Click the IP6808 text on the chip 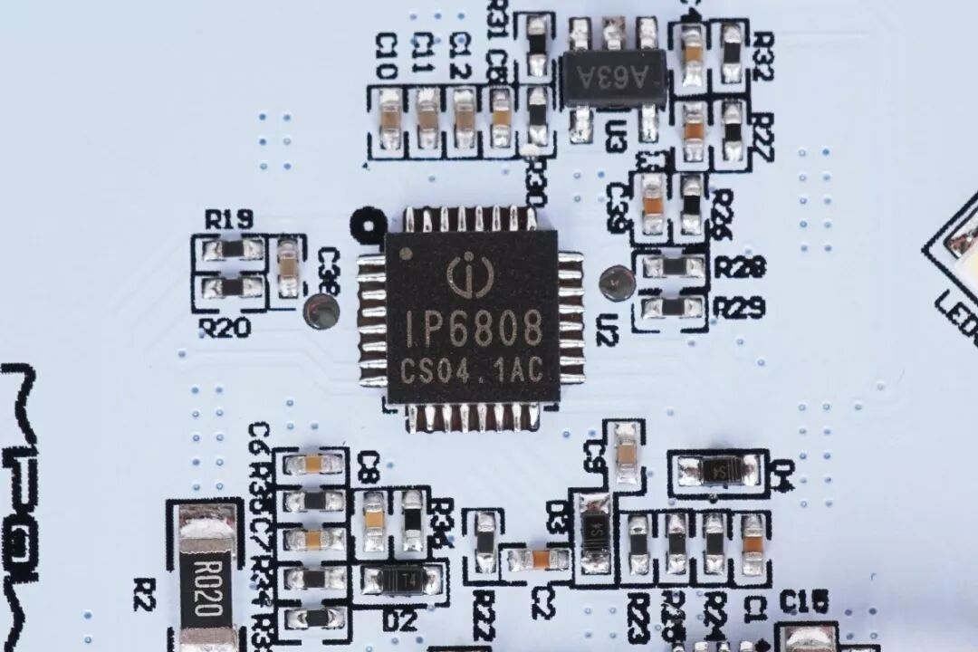click(x=475, y=327)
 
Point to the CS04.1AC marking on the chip click(x=471, y=370)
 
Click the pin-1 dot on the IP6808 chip click(x=405, y=253)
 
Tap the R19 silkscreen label click(x=228, y=219)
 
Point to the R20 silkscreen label click(x=225, y=328)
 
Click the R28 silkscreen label click(x=740, y=266)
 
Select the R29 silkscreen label click(x=740, y=308)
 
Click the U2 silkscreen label click(x=607, y=333)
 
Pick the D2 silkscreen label click(x=398, y=621)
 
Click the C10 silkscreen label click(x=387, y=55)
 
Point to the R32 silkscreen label click(x=762, y=55)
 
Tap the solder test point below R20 click(x=321, y=312)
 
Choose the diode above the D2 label click(x=399, y=579)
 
